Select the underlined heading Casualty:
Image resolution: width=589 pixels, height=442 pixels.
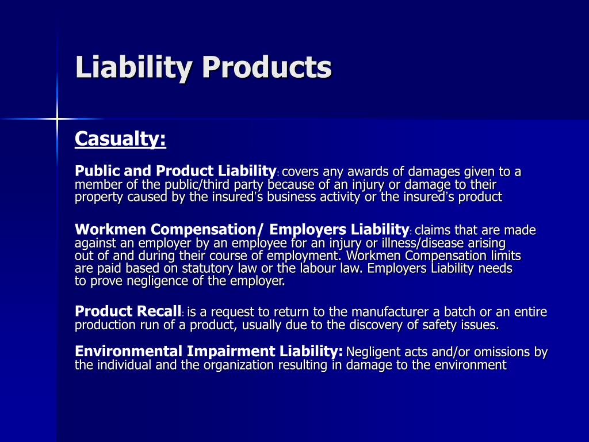[x=120, y=139]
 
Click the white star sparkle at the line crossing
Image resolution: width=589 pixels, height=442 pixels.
[x=57, y=119]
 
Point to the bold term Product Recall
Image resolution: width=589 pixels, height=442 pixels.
[x=128, y=312]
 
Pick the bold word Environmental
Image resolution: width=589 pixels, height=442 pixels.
[x=128, y=352]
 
